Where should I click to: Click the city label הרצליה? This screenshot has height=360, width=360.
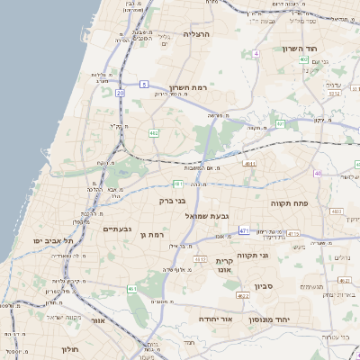pos(195,33)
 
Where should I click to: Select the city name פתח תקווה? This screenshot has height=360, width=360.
pos(290,204)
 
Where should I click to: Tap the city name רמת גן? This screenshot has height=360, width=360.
pos(155,235)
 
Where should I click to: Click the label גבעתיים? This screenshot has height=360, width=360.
pos(118,229)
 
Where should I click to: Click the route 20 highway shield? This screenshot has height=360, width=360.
pos(121,93)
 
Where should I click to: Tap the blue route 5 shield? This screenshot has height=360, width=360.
pos(144,85)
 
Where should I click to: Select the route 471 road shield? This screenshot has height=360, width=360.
pos(244,230)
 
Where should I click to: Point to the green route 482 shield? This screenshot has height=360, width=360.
pos(154,133)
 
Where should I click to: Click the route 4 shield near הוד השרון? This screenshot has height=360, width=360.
pos(256,54)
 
